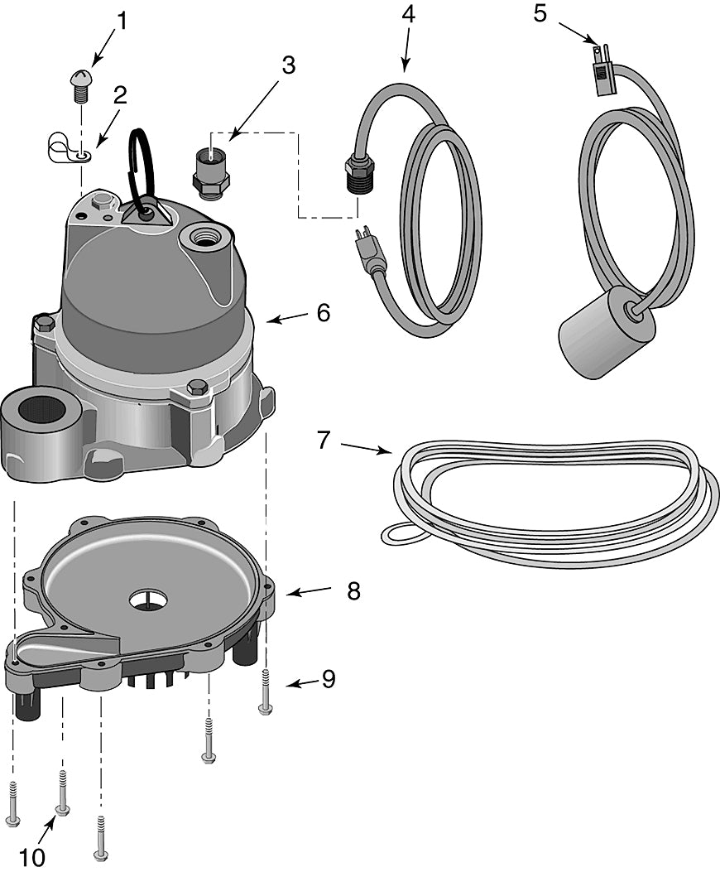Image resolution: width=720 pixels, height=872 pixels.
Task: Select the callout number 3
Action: coord(288,66)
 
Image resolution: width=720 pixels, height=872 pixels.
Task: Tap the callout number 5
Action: coord(540,14)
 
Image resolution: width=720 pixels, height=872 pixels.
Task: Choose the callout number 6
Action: coord(322,313)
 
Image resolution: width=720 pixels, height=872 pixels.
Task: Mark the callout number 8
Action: coord(353,591)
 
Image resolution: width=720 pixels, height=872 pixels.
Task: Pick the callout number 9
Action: coord(329,679)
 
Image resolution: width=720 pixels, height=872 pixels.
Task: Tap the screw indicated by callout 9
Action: coord(265,691)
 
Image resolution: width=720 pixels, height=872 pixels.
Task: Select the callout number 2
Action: coord(121,94)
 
